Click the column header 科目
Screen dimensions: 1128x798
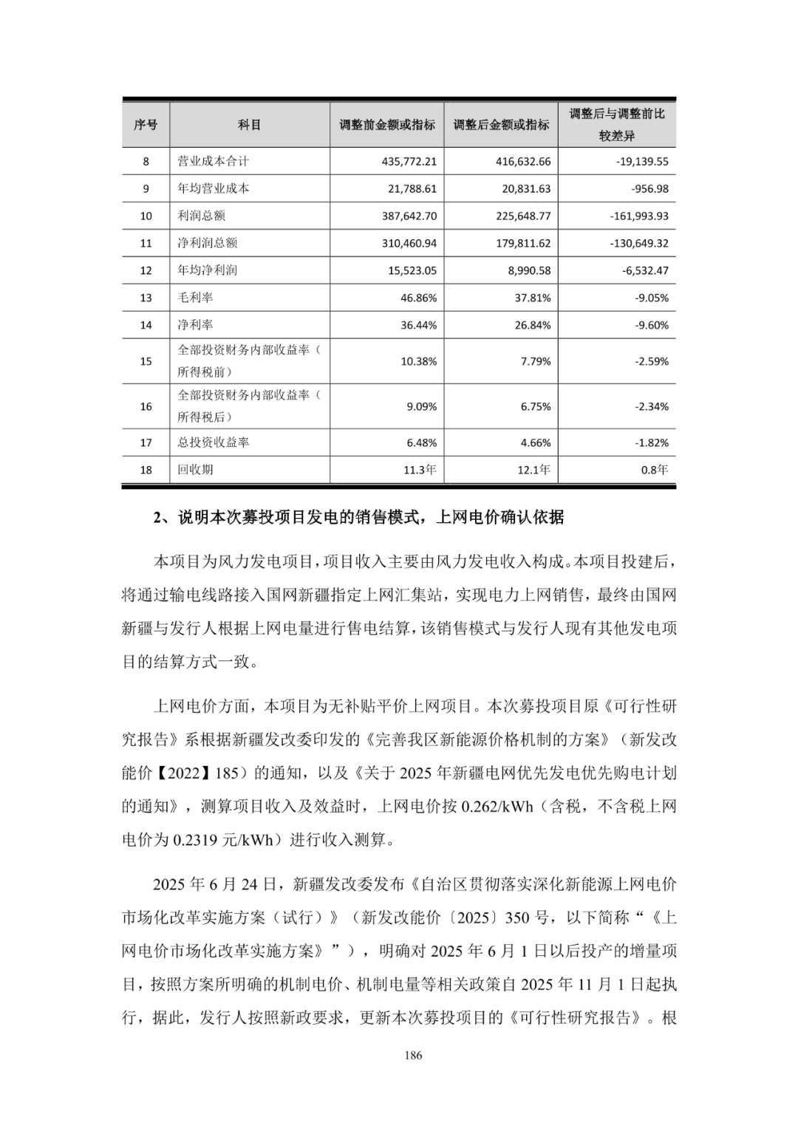tap(249, 125)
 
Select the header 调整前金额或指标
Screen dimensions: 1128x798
tap(387, 125)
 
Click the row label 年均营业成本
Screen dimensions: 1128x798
tap(214, 188)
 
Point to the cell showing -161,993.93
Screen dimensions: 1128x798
tap(640, 216)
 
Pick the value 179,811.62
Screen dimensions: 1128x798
tap(525, 243)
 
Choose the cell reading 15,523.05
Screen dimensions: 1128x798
tap(412, 270)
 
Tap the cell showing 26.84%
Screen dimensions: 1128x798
tap(532, 325)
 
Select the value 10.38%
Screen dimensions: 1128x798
tap(421, 361)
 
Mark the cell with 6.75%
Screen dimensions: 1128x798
tap(535, 406)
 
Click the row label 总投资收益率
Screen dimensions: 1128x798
tap(214, 442)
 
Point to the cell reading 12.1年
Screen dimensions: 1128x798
tap(533, 470)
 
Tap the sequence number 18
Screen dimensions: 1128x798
tap(146, 470)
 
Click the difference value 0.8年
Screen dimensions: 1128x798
tap(654, 470)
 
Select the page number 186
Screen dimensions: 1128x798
tap(414, 1055)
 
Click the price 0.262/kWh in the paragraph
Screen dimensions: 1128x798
tap(496, 806)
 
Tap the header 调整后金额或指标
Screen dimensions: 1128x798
tap(501, 125)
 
